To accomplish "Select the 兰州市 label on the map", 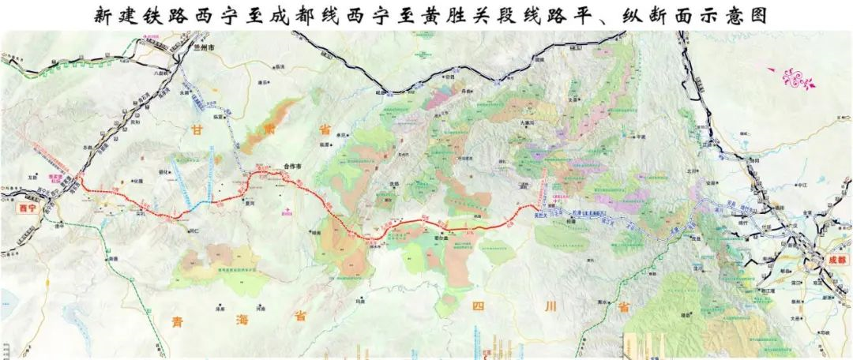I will click(204, 47).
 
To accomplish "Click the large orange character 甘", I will click(196, 128).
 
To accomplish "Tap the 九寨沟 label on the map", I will click(528, 124).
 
